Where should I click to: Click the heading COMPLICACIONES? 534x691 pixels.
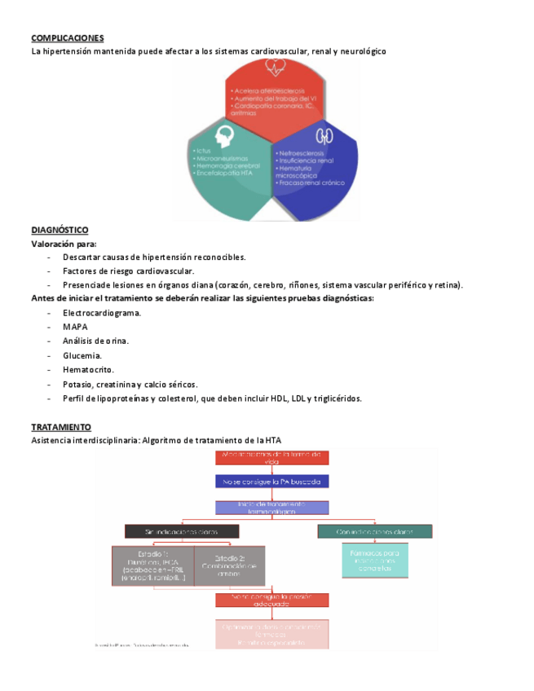[x=67, y=38]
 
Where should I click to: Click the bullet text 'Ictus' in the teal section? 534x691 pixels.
[x=205, y=151]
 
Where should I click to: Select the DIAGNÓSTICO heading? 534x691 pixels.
[x=60, y=230]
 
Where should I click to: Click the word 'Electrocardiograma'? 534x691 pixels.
[x=101, y=313]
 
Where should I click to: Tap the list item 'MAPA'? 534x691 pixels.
[x=75, y=327]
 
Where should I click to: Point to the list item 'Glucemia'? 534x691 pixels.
[x=82, y=355]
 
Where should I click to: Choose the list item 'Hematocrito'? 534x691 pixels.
[x=87, y=369]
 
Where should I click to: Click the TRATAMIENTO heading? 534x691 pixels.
[x=61, y=427]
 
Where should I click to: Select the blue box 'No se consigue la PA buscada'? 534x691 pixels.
[x=272, y=482]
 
